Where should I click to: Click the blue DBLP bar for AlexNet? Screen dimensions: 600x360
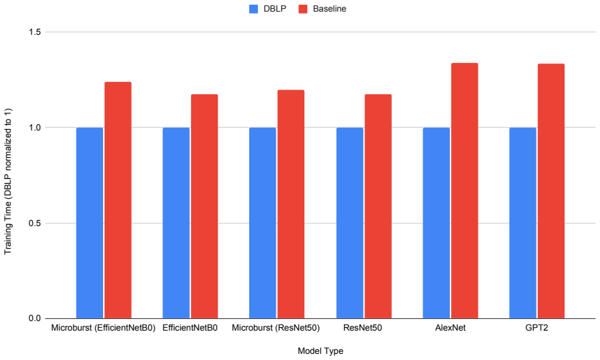pos(436,223)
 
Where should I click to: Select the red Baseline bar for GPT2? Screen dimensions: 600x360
pos(551,191)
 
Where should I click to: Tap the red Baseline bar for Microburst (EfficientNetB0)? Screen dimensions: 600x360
pos(118,200)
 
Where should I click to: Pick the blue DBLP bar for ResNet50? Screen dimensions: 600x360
pos(349,223)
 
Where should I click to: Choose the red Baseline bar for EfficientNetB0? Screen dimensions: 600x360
pos(204,206)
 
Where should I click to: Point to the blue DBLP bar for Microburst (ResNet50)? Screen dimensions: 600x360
pos(263,223)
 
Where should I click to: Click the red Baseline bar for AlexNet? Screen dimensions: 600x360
pos(465,191)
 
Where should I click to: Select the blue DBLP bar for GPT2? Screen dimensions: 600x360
pos(523,223)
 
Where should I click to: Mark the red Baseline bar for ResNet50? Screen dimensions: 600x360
pos(378,206)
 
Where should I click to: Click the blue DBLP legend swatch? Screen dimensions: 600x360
pos(254,9)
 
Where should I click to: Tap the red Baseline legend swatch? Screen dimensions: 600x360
pos(303,9)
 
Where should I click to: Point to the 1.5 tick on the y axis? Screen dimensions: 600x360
pos(35,32)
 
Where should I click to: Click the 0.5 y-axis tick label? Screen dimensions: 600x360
pos(35,223)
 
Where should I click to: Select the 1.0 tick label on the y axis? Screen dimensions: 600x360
pos(35,128)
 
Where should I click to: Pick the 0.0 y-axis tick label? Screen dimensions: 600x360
pos(35,318)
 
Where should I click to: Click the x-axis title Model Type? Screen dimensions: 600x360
pos(320,351)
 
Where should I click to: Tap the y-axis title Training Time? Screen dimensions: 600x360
pos(8,181)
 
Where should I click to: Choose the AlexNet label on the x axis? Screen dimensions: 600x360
pos(451,328)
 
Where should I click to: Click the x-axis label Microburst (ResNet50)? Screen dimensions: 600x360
pos(276,328)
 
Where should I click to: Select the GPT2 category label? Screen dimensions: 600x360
pos(537,328)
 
